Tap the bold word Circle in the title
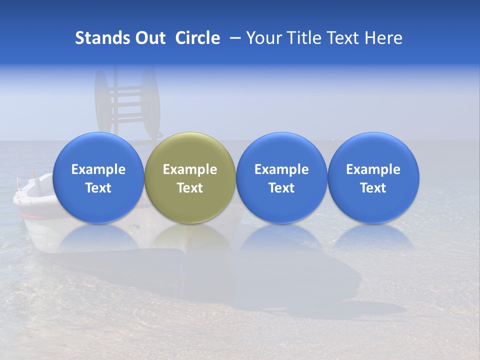pos(197,38)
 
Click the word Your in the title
pos(263,38)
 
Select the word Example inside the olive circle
pos(190,169)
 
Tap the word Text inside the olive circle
pos(190,188)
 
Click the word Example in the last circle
pos(373,169)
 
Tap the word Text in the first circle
pos(98,188)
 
